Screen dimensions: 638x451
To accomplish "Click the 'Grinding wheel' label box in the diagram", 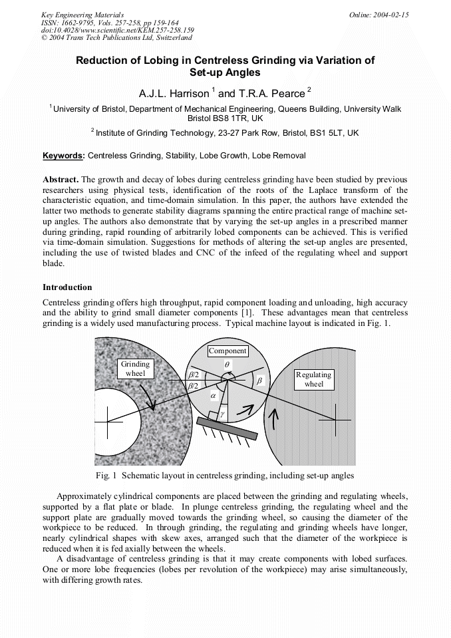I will [135, 369].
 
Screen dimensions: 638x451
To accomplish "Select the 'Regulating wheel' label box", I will [313, 379].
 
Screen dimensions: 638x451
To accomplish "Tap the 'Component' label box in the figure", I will [227, 351].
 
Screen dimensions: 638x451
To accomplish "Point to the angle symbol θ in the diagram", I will [227, 365].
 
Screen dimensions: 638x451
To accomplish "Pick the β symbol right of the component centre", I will [259, 381].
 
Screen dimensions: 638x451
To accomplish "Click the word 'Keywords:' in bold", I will [64, 156].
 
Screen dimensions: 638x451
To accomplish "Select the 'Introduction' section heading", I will [67, 287].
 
